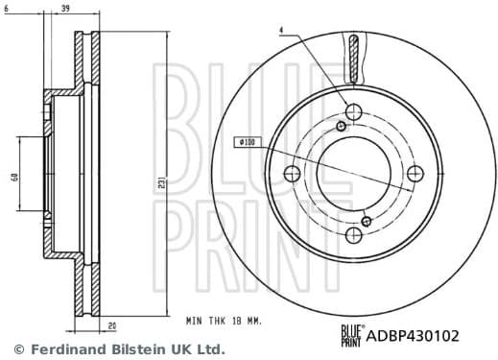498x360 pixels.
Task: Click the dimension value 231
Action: [x=163, y=181]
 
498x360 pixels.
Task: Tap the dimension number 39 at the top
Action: [x=64, y=9]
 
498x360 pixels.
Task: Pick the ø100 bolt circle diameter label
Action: [x=247, y=143]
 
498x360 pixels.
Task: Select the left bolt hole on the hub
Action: [x=292, y=174]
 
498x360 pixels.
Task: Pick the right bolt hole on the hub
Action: [x=415, y=174]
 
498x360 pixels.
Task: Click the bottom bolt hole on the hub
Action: [x=353, y=235]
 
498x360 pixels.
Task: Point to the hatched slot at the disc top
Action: [x=354, y=58]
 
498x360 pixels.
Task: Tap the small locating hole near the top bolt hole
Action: [x=343, y=127]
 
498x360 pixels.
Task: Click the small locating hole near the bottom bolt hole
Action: [x=366, y=221]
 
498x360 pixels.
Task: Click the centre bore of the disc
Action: [x=353, y=174]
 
